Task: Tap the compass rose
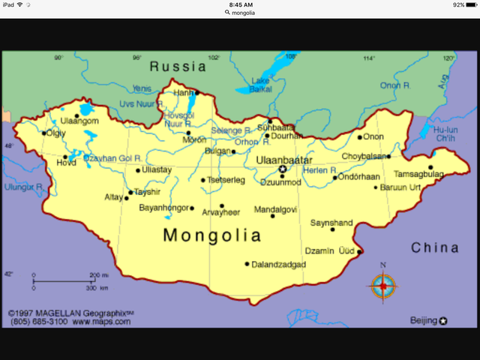[x=383, y=285]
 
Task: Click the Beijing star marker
[x=442, y=321]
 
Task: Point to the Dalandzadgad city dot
[x=247, y=264]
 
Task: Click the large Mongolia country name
[x=212, y=235]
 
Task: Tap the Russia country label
[x=178, y=66]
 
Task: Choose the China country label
[x=435, y=248]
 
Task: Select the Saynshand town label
[x=331, y=223]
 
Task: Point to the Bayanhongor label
[x=164, y=208]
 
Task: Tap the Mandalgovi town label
[x=275, y=209]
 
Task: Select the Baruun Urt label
[x=400, y=187]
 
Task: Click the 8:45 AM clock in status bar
[x=239, y=4]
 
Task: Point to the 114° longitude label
[x=369, y=58]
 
